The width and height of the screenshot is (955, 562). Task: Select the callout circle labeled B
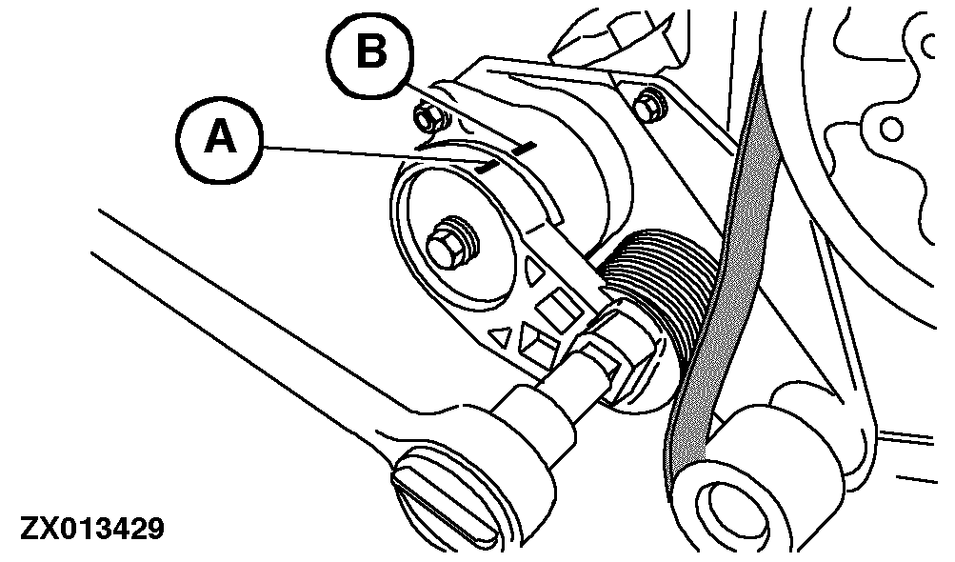373,53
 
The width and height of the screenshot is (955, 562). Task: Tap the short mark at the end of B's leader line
523,149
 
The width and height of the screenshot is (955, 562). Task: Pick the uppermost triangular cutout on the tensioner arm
531,273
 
